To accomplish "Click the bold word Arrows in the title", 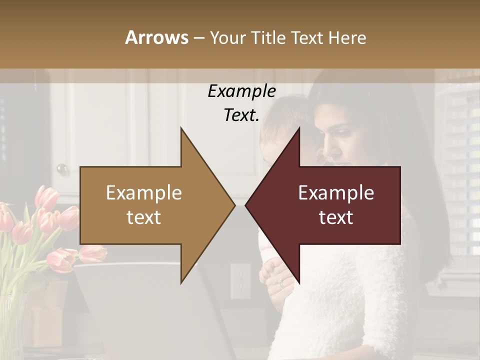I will click(156, 37).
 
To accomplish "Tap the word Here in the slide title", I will click(347, 37).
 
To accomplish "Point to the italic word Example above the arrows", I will click(241, 91).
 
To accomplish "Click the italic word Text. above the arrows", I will click(241, 115).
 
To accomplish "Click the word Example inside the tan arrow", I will click(144, 193).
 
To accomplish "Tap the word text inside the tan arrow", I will click(144, 217).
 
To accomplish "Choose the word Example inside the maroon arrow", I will click(336, 193).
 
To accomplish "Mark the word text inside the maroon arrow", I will click(336, 217).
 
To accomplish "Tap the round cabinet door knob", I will click(62, 168).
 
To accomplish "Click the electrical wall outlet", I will click(240, 281).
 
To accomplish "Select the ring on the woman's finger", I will click(281, 283).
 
